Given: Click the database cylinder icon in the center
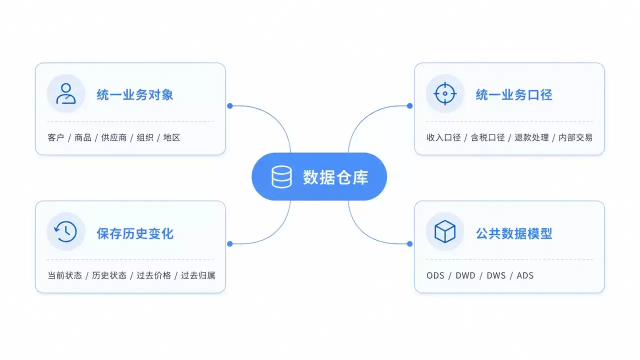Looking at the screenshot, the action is tap(281, 177).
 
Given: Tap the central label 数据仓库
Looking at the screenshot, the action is tap(335, 177).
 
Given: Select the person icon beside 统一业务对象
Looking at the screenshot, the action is tap(66, 93).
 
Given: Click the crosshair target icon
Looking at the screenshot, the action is tap(445, 93).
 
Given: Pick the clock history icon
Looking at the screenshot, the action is tap(65, 231).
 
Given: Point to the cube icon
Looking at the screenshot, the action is tap(445, 231).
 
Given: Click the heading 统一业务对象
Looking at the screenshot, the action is tap(135, 94).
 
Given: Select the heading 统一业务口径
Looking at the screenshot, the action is tap(514, 94).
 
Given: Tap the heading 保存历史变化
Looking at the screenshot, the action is tap(135, 233).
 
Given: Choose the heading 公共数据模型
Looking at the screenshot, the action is tap(514, 233).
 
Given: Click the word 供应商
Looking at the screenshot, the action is tap(114, 137).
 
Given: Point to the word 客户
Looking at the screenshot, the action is tap(56, 137).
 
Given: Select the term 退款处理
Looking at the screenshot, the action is tap(531, 137).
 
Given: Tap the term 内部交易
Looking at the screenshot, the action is tap(575, 137).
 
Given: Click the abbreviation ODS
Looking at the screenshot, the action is tap(435, 275).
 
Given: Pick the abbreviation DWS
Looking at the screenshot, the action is tap(496, 275).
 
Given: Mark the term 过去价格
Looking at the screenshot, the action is tap(153, 275).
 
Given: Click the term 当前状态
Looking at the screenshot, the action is tap(65, 275).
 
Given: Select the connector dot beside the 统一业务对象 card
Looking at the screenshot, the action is tap(230, 106).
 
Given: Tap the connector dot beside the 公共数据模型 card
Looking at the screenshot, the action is tap(409, 243).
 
